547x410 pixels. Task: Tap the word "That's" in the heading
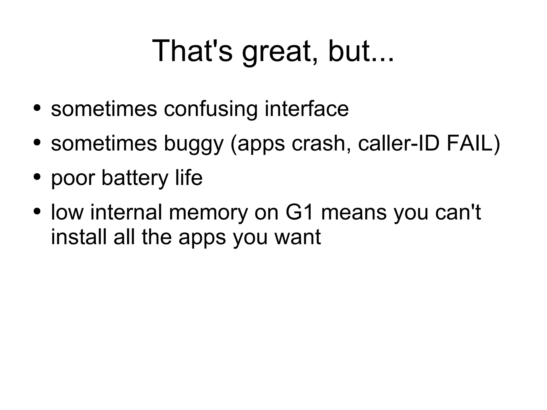click(x=192, y=51)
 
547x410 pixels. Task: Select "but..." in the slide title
click(x=361, y=51)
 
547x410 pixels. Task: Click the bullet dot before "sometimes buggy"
click(x=37, y=142)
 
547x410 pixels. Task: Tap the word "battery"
click(x=135, y=178)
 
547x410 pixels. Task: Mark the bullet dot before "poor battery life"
click(x=37, y=177)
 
